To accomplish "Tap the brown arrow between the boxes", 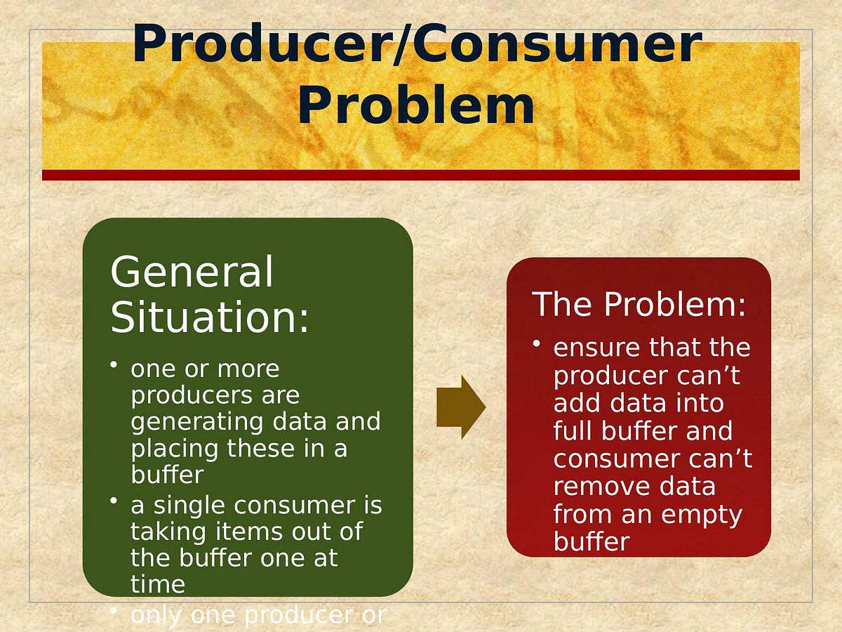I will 460,407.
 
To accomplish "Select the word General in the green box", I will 192,272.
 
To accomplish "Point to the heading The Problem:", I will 639,304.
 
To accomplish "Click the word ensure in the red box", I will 596,348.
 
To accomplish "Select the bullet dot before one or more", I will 114,366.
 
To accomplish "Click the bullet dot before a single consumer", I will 114,501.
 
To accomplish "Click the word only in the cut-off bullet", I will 156,615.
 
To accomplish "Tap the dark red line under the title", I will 420,175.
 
